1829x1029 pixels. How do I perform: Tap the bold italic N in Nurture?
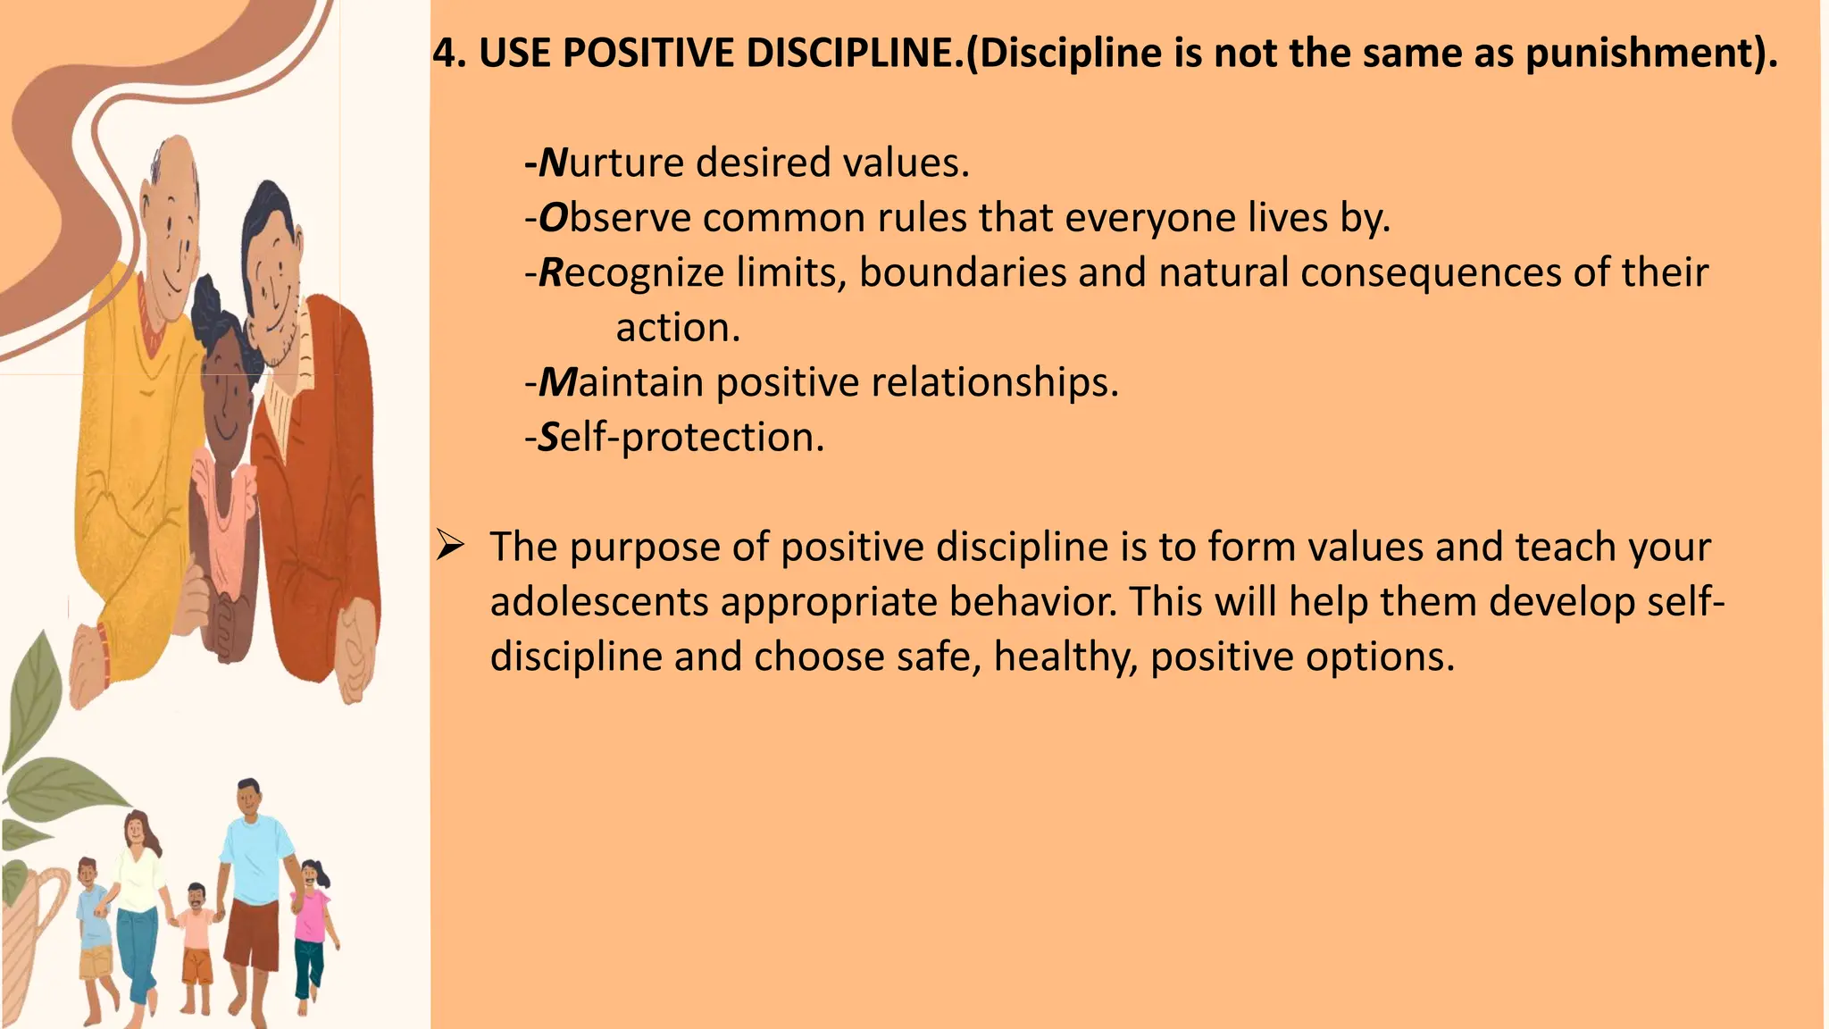coord(554,163)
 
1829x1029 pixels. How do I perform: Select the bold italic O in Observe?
coord(554,218)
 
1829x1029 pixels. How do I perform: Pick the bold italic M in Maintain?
coord(559,382)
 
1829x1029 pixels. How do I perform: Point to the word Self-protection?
coord(681,438)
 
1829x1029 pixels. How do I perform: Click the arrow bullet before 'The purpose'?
coord(450,545)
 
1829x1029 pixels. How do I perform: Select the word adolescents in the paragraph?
coord(599,602)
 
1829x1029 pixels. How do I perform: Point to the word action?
coord(678,328)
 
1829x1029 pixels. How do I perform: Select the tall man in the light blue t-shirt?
coord(254,898)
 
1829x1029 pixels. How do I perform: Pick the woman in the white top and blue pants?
coord(138,916)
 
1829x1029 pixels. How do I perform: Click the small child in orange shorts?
coord(196,947)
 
